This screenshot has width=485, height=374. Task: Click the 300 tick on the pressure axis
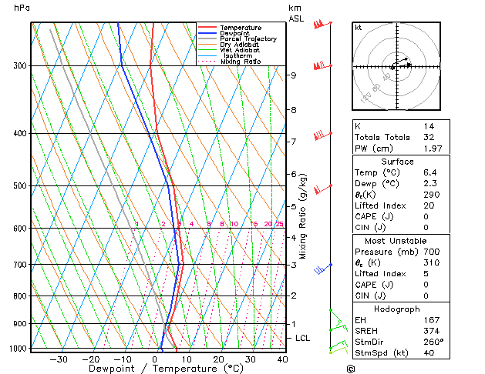point(20,66)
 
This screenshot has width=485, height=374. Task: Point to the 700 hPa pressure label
point(20,265)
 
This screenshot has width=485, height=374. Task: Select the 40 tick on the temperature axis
point(282,359)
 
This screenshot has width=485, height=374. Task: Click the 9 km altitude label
point(293,75)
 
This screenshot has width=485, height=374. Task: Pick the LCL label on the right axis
point(303,338)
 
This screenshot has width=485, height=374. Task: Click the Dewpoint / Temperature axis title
point(157,369)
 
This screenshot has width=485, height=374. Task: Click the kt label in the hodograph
point(359,28)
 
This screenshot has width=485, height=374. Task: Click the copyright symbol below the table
point(350,369)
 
